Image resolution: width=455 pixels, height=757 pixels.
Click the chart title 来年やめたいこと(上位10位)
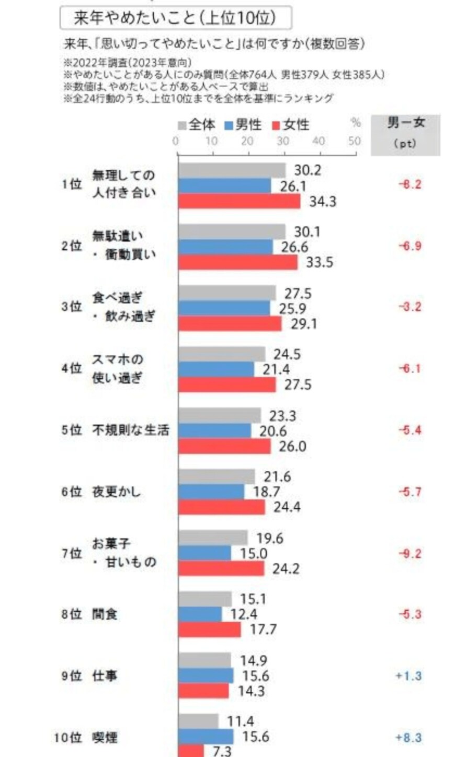pos(176,19)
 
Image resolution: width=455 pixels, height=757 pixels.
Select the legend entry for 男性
pos(243,125)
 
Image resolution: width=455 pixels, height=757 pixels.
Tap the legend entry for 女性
pos(291,125)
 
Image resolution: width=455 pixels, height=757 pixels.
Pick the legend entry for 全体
pos(197,125)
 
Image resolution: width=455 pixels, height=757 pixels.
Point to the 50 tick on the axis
pos(355,141)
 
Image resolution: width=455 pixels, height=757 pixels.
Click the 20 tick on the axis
pos(247,141)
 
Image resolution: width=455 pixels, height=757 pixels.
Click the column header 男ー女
pos(406,123)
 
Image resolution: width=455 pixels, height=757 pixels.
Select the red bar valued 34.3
pos(239,201)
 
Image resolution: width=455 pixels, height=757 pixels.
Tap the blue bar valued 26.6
pos(225,247)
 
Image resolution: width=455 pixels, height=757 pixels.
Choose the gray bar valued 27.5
pos(227,293)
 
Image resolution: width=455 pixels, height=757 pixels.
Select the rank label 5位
pos(72,431)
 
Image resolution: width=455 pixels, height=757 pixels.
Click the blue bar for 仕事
pos(206,676)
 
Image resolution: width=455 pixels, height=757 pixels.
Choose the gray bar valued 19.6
pos(213,538)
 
